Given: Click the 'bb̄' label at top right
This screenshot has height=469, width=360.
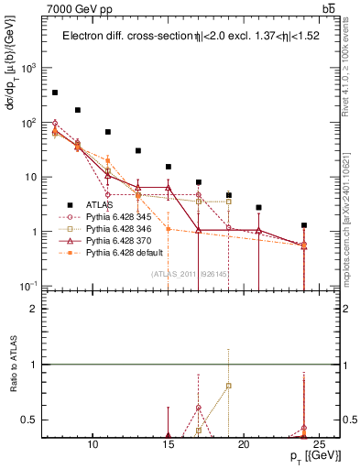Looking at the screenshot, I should (x=329, y=8).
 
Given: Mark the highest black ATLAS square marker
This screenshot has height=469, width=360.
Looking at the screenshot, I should (x=55, y=93).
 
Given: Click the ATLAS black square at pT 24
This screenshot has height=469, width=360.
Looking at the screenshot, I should (x=304, y=225).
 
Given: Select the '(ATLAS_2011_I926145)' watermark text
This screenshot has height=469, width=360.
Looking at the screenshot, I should (x=190, y=274).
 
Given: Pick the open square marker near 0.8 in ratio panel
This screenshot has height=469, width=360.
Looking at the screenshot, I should (x=229, y=386).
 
